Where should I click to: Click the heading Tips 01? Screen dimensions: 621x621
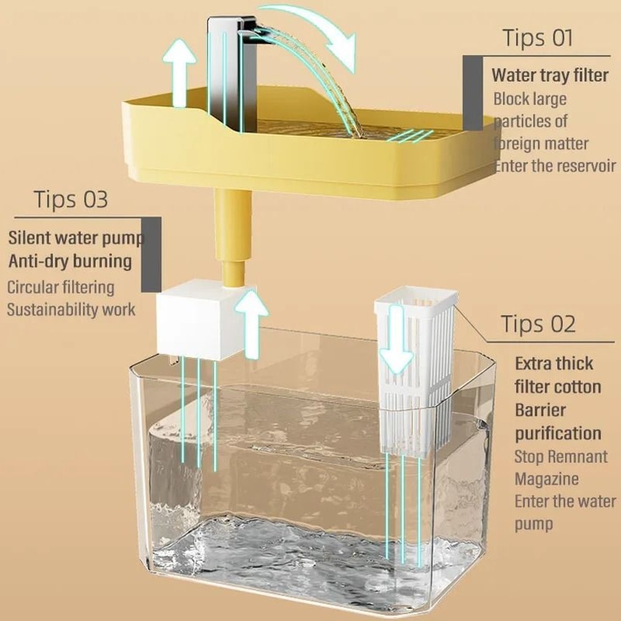(537, 38)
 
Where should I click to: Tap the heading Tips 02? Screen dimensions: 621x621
(538, 324)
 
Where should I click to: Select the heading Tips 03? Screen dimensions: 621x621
(70, 200)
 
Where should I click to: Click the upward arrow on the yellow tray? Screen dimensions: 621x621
(181, 71)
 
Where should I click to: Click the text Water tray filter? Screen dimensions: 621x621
(550, 75)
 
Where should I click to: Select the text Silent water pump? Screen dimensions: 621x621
(75, 238)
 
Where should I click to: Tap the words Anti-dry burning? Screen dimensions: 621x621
(70, 261)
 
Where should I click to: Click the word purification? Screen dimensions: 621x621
(558, 433)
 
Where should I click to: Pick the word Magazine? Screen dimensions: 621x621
(546, 479)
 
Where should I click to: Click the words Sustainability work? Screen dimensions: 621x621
(71, 309)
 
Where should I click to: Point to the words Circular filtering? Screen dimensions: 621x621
(61, 287)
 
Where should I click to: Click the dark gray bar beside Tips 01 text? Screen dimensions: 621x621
(473, 93)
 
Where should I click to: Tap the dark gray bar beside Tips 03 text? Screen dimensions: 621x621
(151, 255)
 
